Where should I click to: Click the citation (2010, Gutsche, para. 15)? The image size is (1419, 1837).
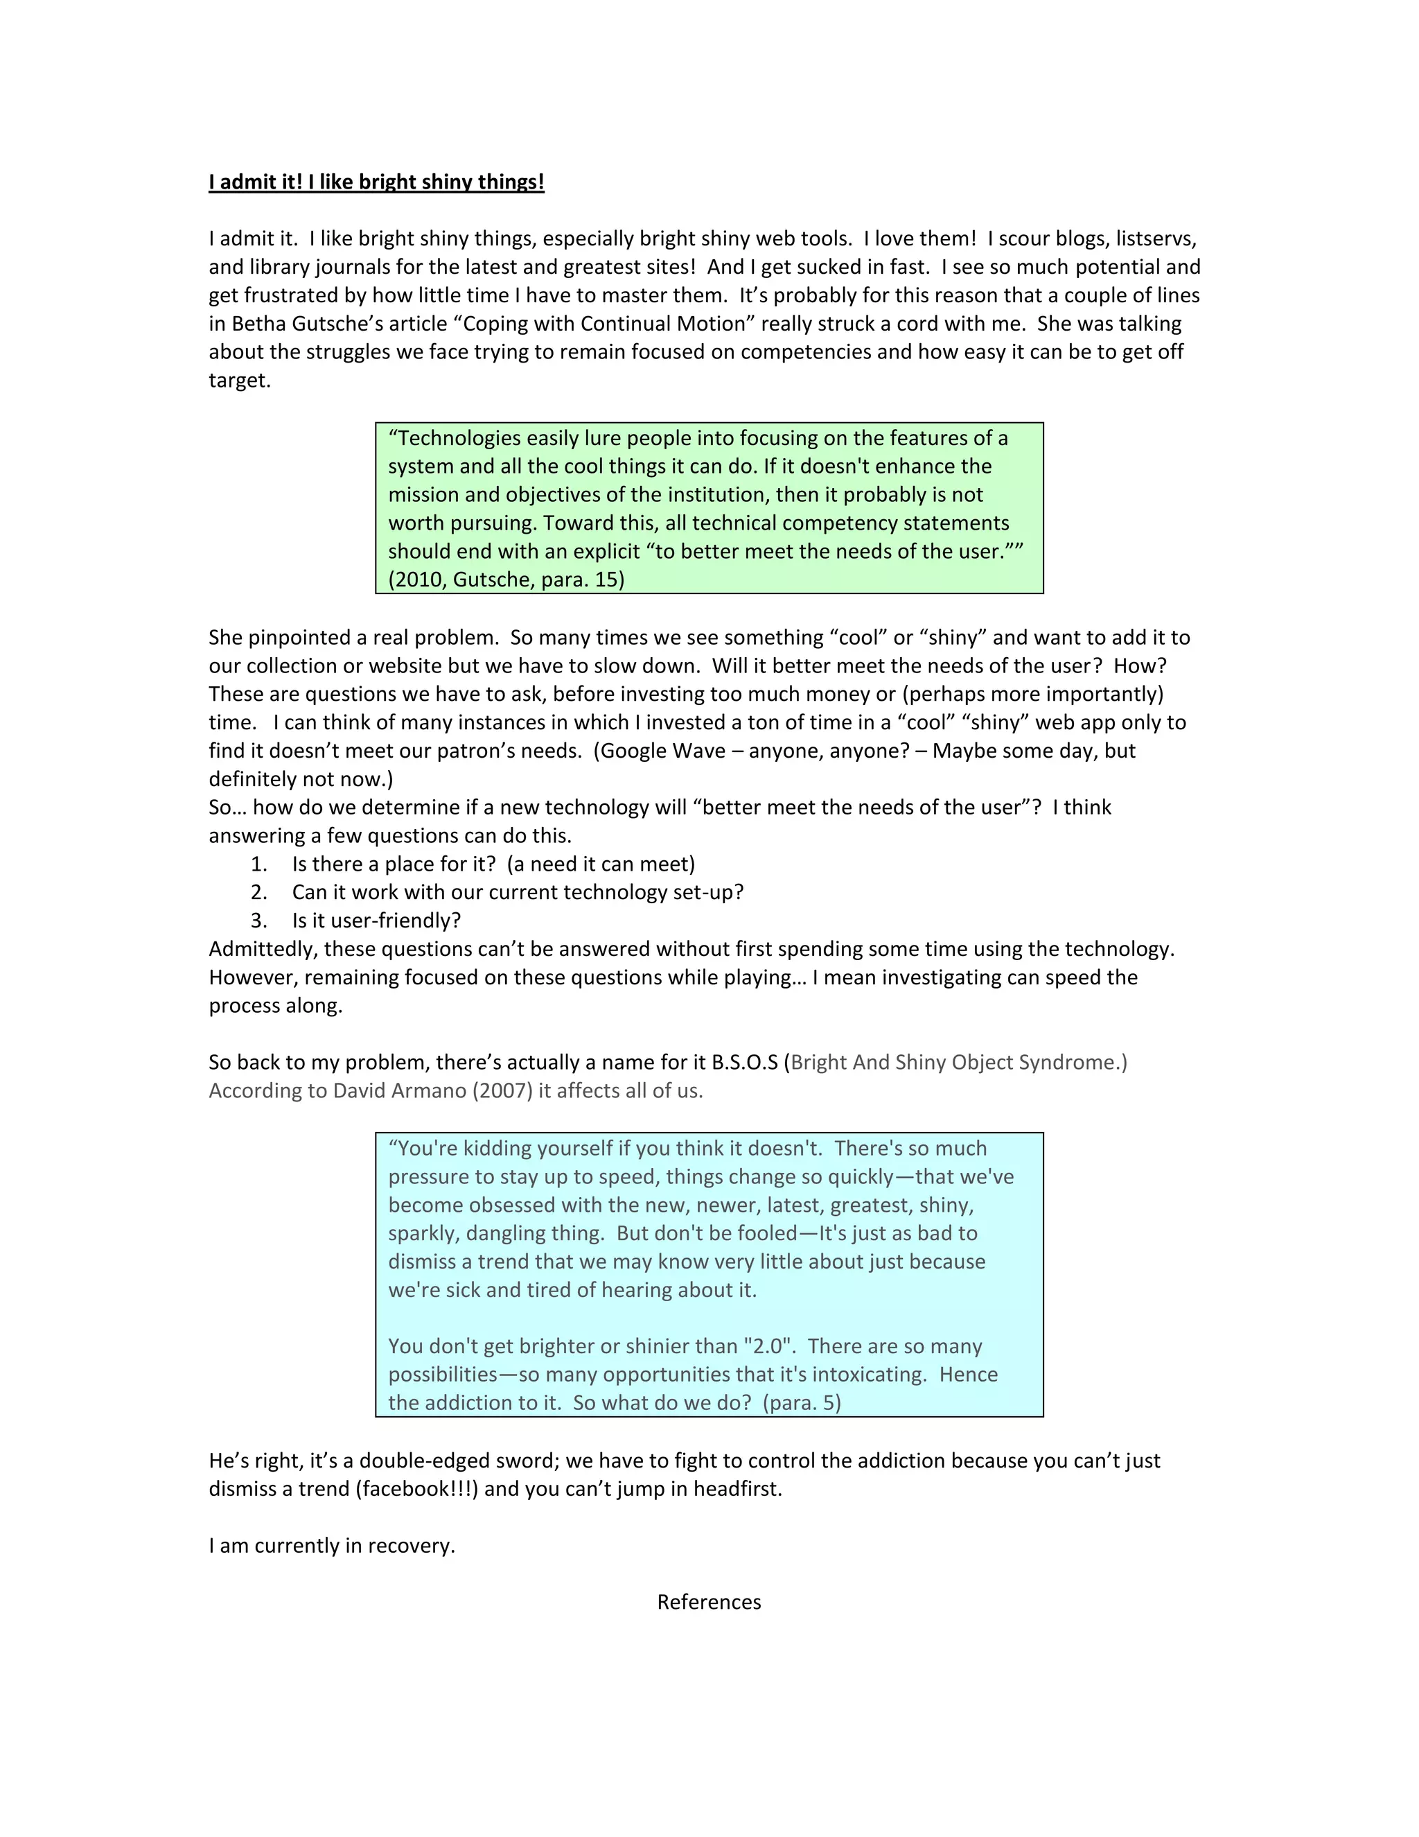coord(506,580)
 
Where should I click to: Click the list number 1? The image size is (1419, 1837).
coord(259,864)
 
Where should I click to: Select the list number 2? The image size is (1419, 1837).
coord(259,892)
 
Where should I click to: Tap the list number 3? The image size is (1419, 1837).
coord(259,921)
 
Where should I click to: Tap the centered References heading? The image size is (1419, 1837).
coord(709,1602)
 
